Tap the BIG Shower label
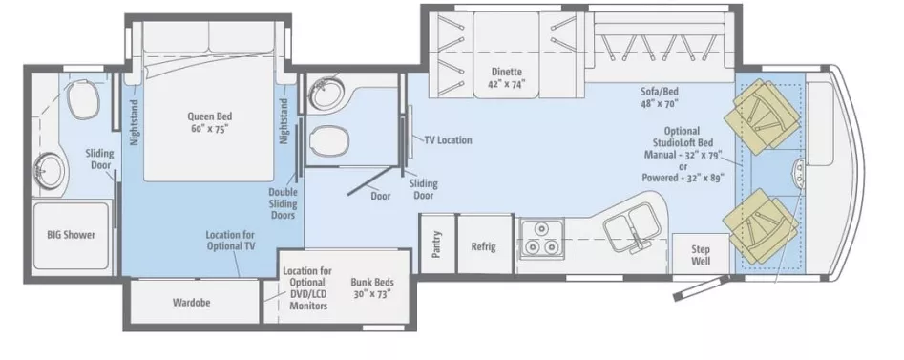click(72, 235)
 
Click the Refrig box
click(484, 246)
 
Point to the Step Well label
click(701, 254)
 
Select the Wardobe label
click(191, 304)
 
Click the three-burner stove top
click(540, 238)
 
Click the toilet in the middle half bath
click(330, 139)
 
